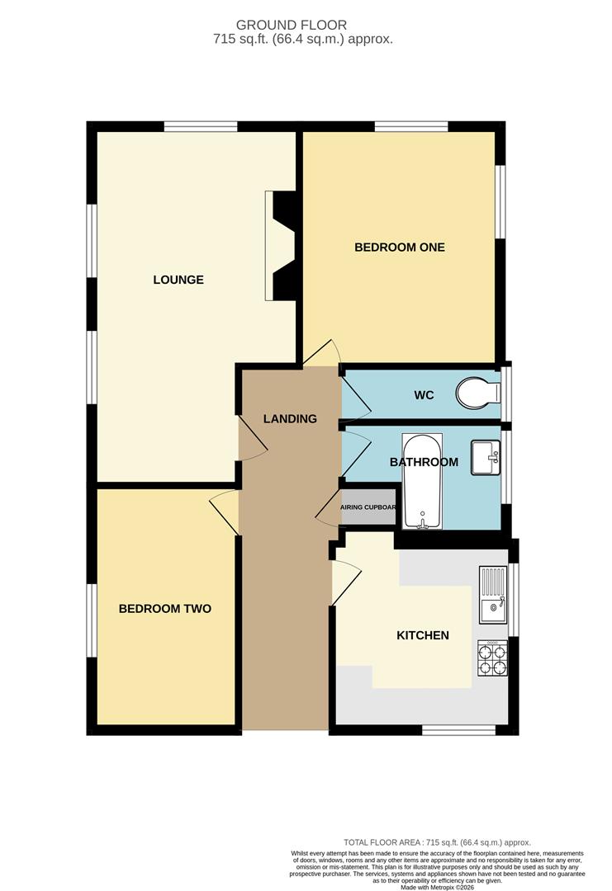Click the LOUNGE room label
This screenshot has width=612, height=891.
click(178, 280)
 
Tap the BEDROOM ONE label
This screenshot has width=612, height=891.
click(400, 247)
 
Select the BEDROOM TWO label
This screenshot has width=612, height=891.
click(165, 609)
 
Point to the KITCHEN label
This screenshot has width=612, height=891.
click(423, 635)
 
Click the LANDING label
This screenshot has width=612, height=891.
click(290, 418)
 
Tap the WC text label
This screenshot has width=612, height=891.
click(424, 395)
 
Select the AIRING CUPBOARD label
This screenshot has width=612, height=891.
click(368, 507)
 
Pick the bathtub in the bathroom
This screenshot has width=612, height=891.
click(422, 481)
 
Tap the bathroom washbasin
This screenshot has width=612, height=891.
click(486, 457)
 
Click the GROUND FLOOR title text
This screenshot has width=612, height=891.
click(315, 26)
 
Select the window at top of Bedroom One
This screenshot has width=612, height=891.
click(411, 126)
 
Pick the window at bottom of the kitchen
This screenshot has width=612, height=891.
click(458, 730)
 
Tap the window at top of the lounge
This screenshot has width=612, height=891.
click(201, 126)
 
